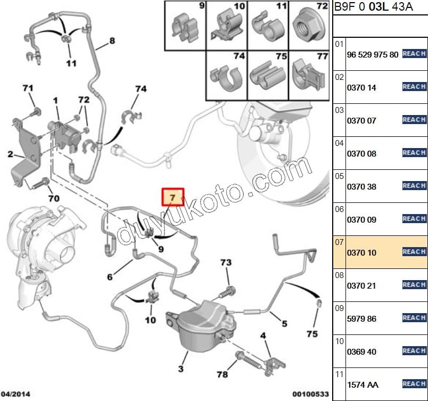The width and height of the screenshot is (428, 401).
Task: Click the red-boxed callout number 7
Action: pyautogui.click(x=172, y=198)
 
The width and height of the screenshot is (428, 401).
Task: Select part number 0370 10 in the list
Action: pyautogui.click(x=361, y=252)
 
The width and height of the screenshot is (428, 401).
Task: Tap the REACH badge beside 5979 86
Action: pyautogui.click(x=414, y=318)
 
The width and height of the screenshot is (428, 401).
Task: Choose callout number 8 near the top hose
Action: pyautogui.click(x=112, y=40)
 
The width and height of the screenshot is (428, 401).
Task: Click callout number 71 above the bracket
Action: pyautogui.click(x=28, y=88)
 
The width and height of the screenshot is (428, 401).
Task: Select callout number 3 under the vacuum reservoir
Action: pyautogui.click(x=181, y=369)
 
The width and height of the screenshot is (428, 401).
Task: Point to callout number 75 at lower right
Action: pyautogui.click(x=312, y=334)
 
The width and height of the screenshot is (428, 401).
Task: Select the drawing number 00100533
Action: pyautogui.click(x=310, y=394)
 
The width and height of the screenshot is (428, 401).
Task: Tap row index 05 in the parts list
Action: pyautogui.click(x=339, y=176)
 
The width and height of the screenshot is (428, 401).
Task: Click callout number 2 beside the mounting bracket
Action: pyautogui.click(x=10, y=155)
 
